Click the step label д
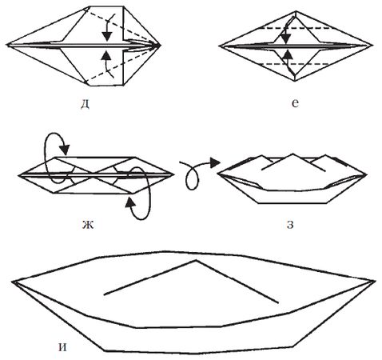pos(85,104)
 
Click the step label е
pos(295,103)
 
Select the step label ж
pos(87,225)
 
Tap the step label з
pos(290,225)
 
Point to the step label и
pos(62,347)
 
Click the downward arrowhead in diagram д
pos(107,36)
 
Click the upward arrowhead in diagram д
pos(107,55)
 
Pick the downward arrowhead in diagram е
pos(286,39)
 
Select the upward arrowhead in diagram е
pos(287,55)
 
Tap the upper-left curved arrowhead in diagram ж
pos(65,150)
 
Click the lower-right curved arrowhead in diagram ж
pos(129,202)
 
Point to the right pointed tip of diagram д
pos(161,46)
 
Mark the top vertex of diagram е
pos(296,11)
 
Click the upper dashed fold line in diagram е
pos(295,28)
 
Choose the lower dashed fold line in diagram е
pos(295,64)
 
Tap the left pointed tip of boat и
pos(13,282)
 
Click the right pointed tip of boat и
pos(375,281)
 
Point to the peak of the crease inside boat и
pos(197,260)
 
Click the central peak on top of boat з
pos(292,154)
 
